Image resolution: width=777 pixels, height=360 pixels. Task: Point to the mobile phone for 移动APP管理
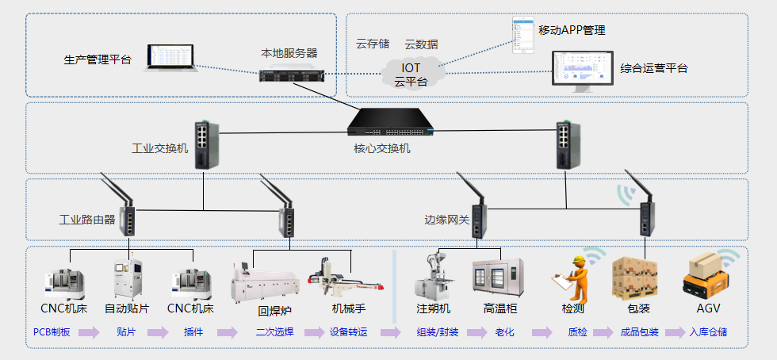(x=522, y=35)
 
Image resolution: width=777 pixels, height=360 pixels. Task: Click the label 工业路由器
(x=87, y=219)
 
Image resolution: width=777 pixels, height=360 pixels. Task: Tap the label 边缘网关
(x=446, y=221)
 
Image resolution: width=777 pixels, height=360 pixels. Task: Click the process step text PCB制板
(x=52, y=332)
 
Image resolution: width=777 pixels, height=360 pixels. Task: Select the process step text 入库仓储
(x=707, y=332)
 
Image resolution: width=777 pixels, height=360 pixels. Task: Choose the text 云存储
(x=372, y=44)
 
